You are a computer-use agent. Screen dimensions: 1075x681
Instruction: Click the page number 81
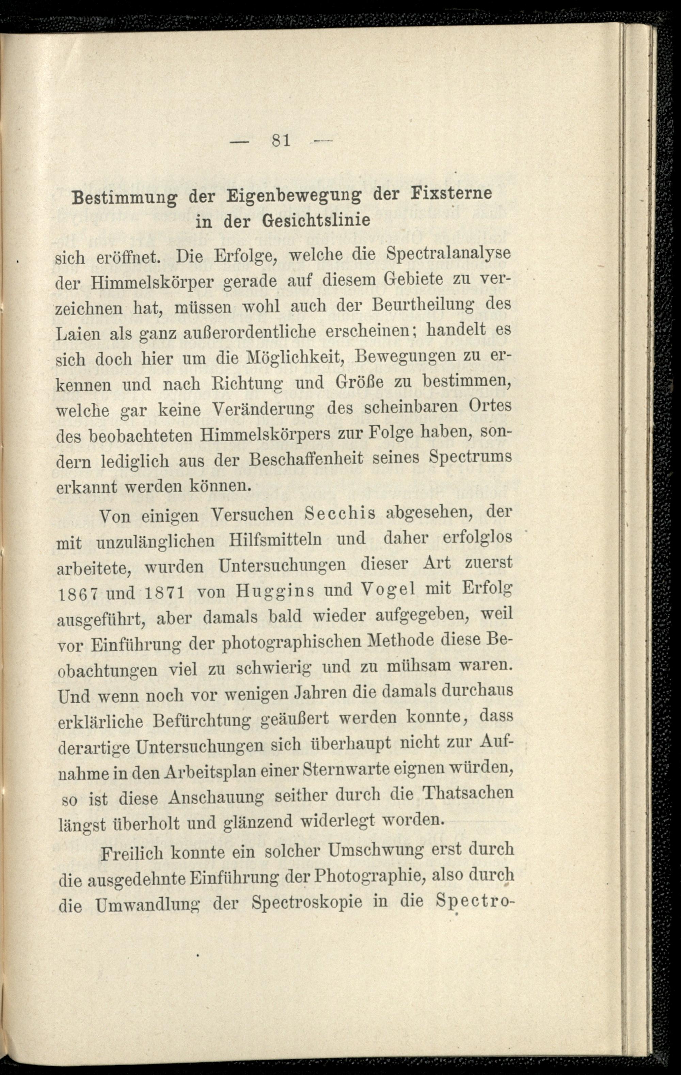tap(281, 141)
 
